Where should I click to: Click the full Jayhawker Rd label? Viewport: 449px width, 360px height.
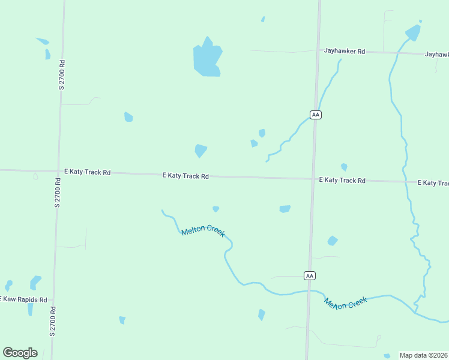click(345, 52)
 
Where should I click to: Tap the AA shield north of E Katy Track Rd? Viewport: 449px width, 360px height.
click(316, 115)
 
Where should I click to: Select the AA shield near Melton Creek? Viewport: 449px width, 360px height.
click(309, 275)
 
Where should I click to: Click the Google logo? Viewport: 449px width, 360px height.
click(20, 353)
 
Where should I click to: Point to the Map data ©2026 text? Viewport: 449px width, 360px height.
click(423, 355)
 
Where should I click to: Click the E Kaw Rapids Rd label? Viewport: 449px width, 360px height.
click(23, 299)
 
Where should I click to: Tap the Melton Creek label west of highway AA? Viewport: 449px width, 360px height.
click(203, 230)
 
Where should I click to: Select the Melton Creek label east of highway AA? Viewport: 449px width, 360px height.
click(345, 303)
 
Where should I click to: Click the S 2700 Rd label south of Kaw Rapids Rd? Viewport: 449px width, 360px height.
click(53, 321)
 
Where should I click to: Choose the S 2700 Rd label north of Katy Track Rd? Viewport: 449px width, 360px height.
click(61, 75)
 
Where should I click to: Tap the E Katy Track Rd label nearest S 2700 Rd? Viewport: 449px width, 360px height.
click(88, 172)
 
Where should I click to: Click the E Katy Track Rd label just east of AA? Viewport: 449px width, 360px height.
click(342, 180)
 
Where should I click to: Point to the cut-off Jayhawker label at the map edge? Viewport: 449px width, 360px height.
click(436, 54)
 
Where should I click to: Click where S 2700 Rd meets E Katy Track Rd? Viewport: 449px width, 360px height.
click(59, 171)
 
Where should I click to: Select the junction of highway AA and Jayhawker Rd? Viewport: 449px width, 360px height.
click(318, 52)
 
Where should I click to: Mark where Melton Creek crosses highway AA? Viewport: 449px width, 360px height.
click(309, 291)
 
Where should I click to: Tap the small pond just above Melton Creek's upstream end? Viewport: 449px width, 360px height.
click(215, 209)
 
